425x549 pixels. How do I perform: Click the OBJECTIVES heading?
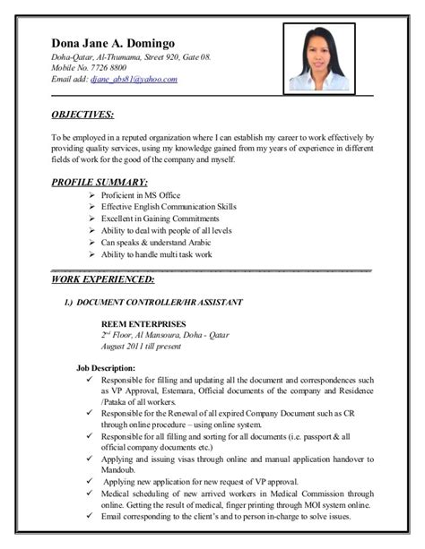pos(82,115)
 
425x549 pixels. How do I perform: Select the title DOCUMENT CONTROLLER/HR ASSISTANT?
pos(159,303)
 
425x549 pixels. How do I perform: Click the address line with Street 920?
pos(131,57)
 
